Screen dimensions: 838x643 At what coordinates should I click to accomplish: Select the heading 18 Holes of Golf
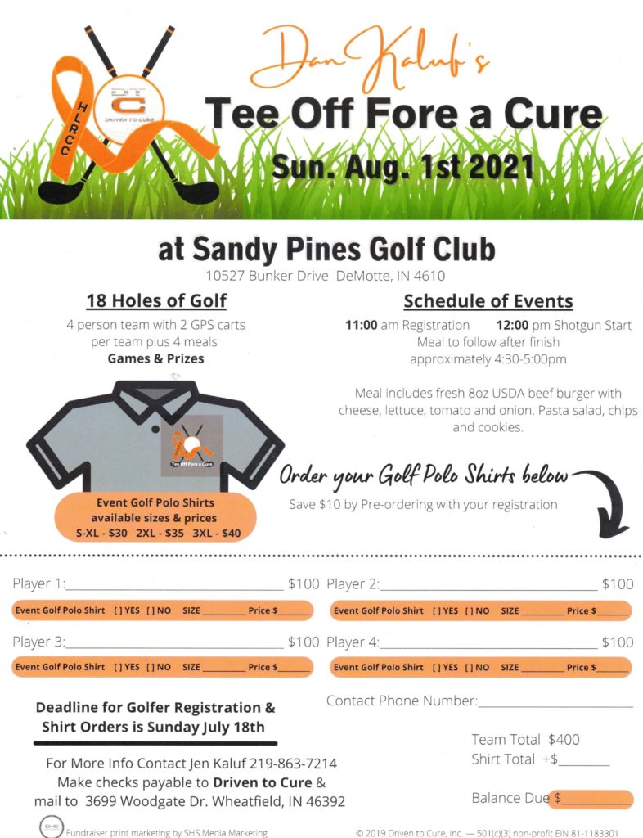coord(156,300)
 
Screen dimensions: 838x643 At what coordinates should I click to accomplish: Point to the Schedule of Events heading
coord(488,300)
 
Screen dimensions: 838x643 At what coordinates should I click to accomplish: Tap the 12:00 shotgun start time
coord(512,325)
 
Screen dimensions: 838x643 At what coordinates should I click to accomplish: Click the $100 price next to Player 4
coord(618,642)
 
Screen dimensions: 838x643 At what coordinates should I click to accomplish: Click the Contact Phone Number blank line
coord(555,703)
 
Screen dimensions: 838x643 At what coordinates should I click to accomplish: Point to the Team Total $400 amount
coord(564,740)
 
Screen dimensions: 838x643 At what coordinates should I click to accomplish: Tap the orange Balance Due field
coord(591,799)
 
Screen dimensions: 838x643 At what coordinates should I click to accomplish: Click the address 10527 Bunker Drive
coord(268,276)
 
